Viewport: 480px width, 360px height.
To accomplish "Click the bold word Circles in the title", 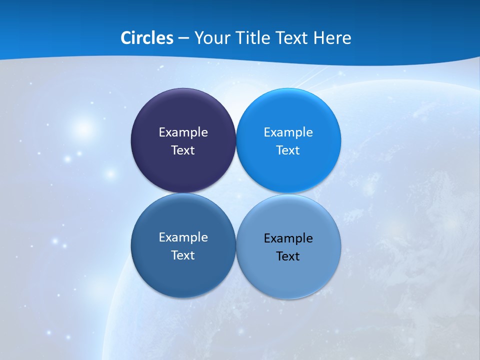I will click(x=146, y=38).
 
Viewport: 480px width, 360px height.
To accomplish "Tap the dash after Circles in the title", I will click(x=183, y=38).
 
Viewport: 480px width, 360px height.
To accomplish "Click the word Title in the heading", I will click(x=249, y=38).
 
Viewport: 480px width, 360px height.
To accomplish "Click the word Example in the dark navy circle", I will click(x=183, y=132).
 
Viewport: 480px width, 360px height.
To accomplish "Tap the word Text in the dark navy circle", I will click(x=183, y=150).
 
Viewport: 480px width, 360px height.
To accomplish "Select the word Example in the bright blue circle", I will click(x=288, y=132).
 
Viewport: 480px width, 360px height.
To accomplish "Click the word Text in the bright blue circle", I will click(x=288, y=150).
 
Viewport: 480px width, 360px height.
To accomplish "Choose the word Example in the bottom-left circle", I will click(x=183, y=237).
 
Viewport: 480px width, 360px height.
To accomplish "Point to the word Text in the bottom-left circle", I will click(x=183, y=255).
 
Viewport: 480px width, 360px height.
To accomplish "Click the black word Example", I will click(x=288, y=238).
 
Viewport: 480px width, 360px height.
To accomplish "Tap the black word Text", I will click(x=288, y=256).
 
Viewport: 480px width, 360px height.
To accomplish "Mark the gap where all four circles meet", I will click(x=236, y=193).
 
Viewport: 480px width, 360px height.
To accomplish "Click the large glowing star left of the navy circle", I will click(x=83, y=128).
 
